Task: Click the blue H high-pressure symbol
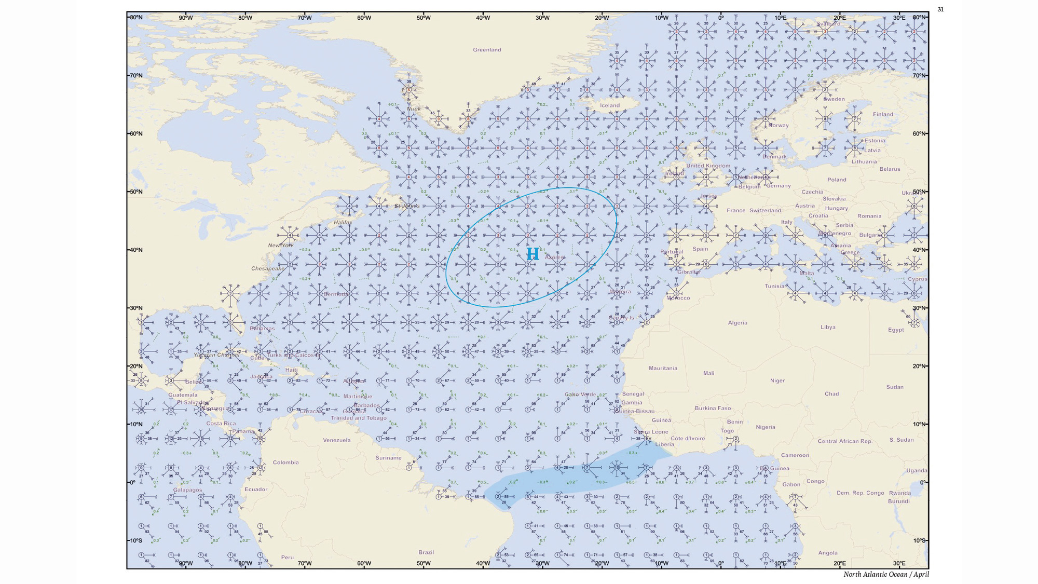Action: tap(532, 254)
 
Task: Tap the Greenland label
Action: tap(487, 50)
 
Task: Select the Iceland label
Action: tap(610, 105)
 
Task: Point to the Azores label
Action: tap(554, 257)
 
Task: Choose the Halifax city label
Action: tap(343, 222)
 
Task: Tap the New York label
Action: tap(281, 246)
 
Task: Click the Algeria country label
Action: tap(737, 323)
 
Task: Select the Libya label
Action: tap(828, 327)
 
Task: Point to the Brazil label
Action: tap(426, 552)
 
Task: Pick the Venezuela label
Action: tap(337, 440)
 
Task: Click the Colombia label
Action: tap(285, 463)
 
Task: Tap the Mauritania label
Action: tap(663, 368)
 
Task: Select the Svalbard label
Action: tap(828, 24)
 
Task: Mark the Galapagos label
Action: tap(187, 490)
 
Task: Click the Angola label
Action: tap(828, 553)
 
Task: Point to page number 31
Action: tap(940, 9)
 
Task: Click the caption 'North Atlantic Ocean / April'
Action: tap(886, 574)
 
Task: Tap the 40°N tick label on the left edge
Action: tap(135, 250)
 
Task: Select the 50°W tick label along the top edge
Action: tap(424, 18)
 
